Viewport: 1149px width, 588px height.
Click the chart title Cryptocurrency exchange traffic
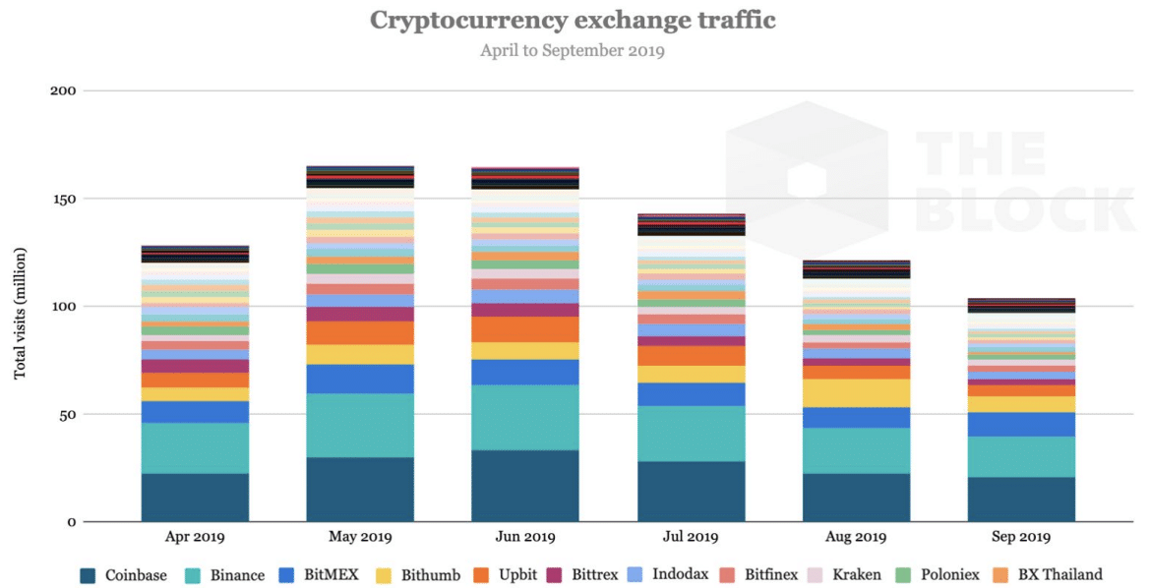point(573,20)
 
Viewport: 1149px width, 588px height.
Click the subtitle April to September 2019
point(573,50)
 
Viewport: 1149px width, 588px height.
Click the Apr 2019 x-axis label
point(195,537)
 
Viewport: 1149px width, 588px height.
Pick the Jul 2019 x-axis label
point(691,537)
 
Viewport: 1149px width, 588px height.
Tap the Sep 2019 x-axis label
point(1021,537)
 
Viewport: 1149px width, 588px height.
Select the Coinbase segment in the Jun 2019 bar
point(525,486)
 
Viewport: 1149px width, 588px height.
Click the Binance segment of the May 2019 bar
point(360,425)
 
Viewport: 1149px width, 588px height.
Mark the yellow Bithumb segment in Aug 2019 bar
point(856,392)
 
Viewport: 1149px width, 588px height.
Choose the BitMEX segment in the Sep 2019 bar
point(1021,424)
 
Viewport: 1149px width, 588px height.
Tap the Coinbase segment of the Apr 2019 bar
point(195,498)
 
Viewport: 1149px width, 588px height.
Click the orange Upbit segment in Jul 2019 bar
point(691,355)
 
